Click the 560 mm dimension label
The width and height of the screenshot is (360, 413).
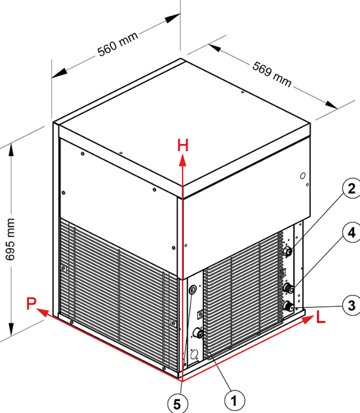click(x=117, y=44)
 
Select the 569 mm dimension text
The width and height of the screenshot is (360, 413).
click(x=272, y=74)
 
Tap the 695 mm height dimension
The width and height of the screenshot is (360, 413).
click(x=10, y=239)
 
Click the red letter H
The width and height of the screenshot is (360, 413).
click(x=183, y=146)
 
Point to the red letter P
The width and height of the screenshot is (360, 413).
click(x=31, y=303)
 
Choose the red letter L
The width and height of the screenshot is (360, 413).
click(x=321, y=317)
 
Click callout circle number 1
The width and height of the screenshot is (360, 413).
click(x=234, y=401)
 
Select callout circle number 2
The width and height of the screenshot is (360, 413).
click(x=351, y=189)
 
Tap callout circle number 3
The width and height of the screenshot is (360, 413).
click(x=351, y=306)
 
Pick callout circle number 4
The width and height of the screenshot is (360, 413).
click(x=351, y=232)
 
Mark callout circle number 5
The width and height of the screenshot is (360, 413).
click(x=177, y=404)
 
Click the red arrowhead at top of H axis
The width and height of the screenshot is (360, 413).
click(x=183, y=161)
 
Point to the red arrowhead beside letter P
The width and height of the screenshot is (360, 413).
click(x=42, y=312)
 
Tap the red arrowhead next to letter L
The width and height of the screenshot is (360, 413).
click(x=308, y=319)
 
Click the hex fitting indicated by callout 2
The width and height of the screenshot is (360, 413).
click(x=288, y=251)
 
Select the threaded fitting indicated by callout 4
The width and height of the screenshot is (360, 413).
click(x=289, y=287)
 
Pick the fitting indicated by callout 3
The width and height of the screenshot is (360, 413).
click(x=288, y=306)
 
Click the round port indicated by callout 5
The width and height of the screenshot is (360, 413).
click(x=193, y=290)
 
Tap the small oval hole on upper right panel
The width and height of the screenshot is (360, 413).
click(x=303, y=176)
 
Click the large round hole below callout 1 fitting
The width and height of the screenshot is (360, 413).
click(x=195, y=354)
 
